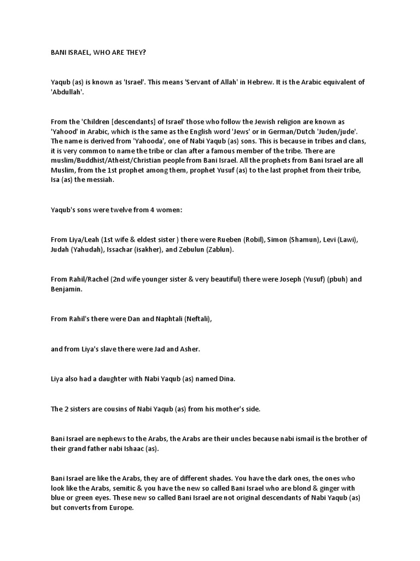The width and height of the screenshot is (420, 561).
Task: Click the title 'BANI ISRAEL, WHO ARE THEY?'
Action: click(96, 52)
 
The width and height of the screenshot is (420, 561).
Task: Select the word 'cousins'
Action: click(122, 408)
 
